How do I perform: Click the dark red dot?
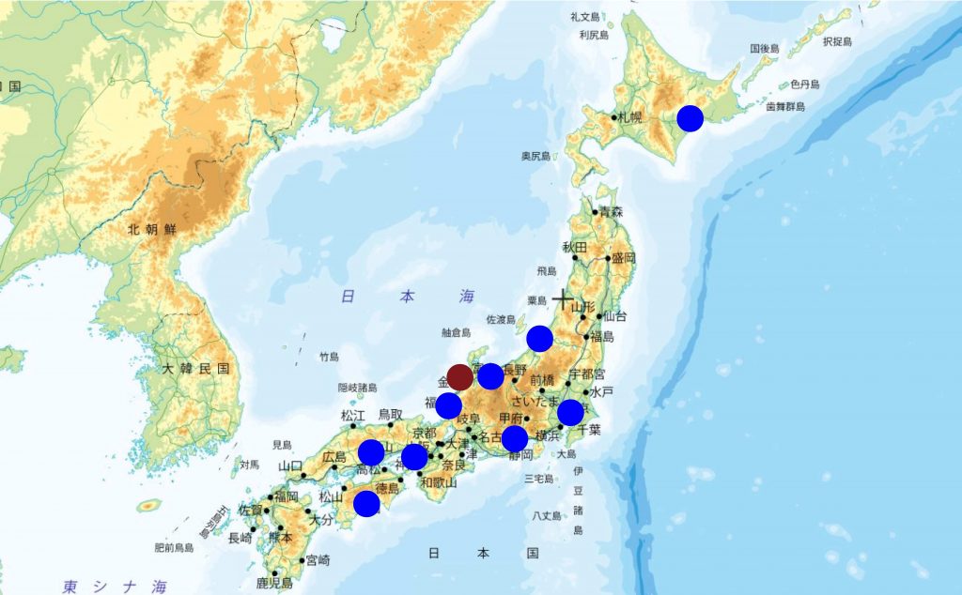[459, 377]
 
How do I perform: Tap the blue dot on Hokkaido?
[690, 118]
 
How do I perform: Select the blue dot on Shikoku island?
[366, 504]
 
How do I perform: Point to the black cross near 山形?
[563, 301]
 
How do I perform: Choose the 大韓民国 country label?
[194, 369]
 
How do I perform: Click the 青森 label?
[611, 212]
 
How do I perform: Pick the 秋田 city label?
[574, 247]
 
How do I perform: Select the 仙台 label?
[615, 316]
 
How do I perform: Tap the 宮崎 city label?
[318, 560]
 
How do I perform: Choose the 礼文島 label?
[586, 17]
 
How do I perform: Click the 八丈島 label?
[546, 515]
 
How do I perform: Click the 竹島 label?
[328, 357]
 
